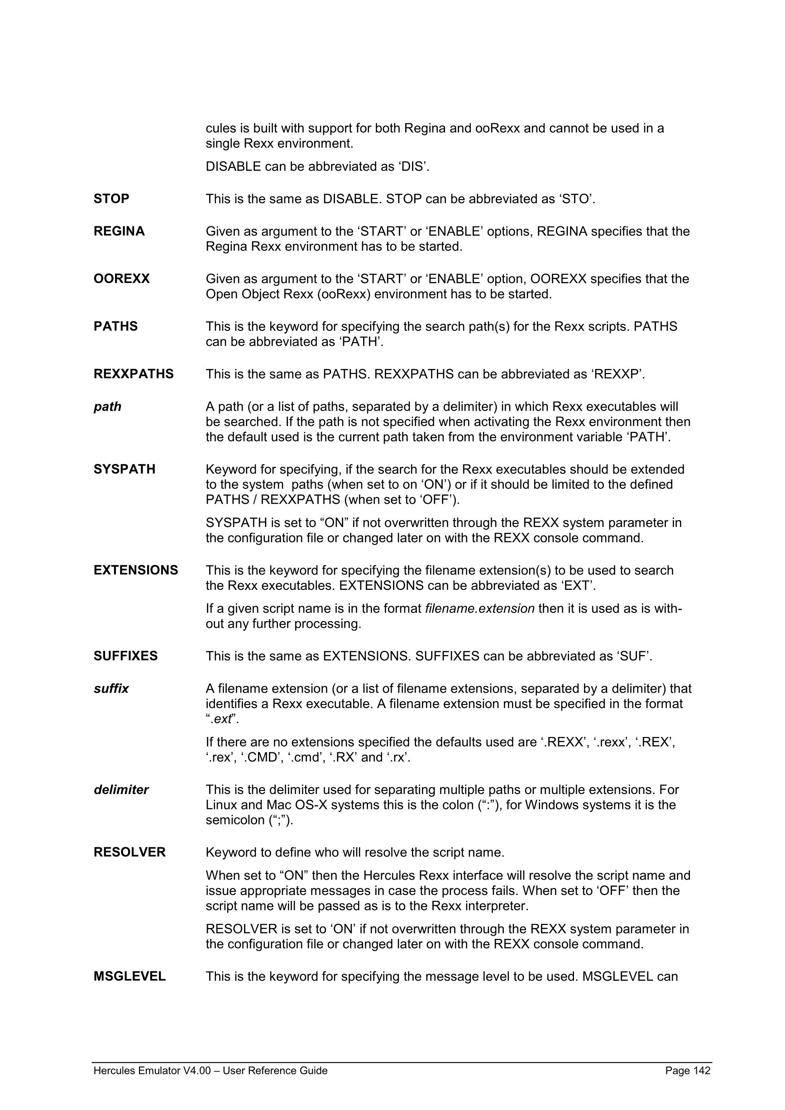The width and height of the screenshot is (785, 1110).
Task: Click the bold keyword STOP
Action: coord(111,199)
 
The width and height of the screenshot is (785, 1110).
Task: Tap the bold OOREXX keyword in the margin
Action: coord(121,278)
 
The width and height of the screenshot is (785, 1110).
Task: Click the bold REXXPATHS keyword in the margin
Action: coord(134,374)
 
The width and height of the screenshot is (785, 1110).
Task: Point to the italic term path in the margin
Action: coord(107,407)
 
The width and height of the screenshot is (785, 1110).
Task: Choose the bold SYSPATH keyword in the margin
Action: coord(124,469)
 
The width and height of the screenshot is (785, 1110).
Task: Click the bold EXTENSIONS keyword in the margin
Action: coord(136,570)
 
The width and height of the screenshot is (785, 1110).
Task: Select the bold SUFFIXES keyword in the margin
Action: coord(125,655)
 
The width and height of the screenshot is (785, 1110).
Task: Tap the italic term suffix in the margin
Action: coord(111,689)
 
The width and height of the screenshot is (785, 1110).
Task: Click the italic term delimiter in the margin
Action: coord(121,789)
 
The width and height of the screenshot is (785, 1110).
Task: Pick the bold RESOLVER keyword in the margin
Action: coord(129,852)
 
